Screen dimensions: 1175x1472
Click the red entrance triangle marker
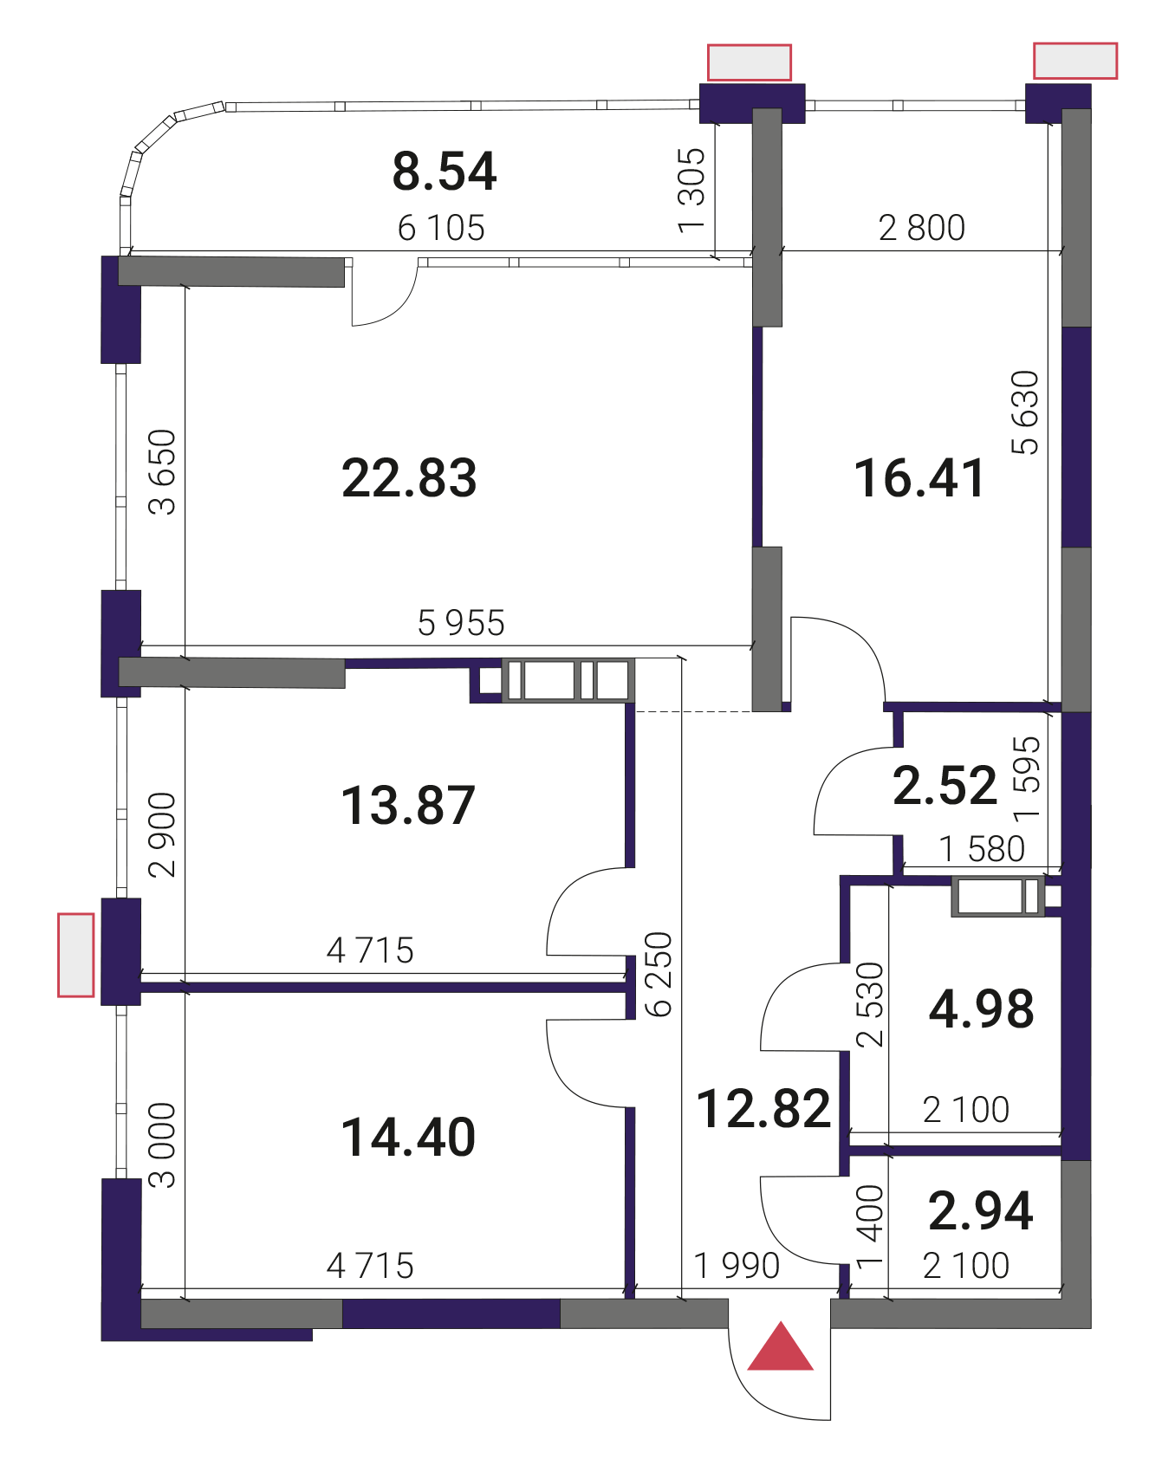click(x=780, y=1348)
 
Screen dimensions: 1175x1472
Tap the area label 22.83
click(x=409, y=477)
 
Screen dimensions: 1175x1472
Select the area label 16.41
click(x=919, y=478)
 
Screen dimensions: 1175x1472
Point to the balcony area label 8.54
click(x=445, y=171)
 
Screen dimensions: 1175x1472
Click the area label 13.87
click(x=408, y=805)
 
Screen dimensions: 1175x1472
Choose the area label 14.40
click(x=408, y=1137)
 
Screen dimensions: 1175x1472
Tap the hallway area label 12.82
click(x=763, y=1108)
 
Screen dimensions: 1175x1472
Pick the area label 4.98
click(x=982, y=1008)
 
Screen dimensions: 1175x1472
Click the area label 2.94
click(x=981, y=1210)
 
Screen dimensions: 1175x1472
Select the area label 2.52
click(x=945, y=786)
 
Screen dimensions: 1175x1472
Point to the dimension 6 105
click(x=441, y=228)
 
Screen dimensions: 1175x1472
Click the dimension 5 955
click(x=461, y=623)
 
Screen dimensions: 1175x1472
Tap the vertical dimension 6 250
click(x=659, y=974)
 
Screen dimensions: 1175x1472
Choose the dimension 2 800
click(x=922, y=228)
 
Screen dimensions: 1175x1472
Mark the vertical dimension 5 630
click(x=1025, y=412)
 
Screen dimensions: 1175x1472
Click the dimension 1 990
click(x=737, y=1266)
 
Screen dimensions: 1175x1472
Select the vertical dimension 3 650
click(x=162, y=472)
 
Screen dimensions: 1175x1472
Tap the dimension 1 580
click(x=983, y=849)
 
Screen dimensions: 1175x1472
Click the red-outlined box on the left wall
click(x=76, y=955)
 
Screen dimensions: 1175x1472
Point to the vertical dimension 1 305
click(x=691, y=191)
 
